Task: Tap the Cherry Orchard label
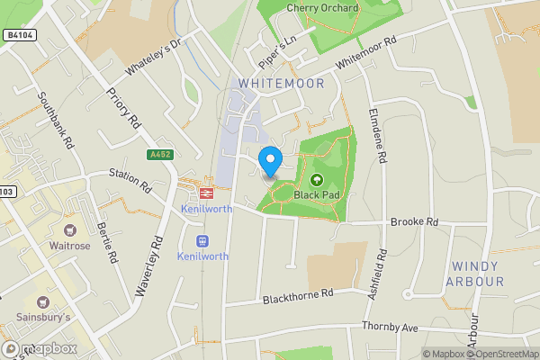[322, 8]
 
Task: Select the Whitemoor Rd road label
[366, 54]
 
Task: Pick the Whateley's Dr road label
[154, 57]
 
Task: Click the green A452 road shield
[161, 155]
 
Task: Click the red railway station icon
[206, 192]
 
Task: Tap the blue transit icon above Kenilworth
[202, 240]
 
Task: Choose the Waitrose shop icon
[70, 230]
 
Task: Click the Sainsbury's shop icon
[42, 301]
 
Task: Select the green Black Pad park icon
[317, 180]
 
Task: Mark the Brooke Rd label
[414, 221]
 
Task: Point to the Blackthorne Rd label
[298, 296]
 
